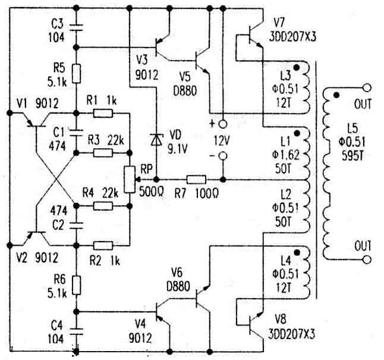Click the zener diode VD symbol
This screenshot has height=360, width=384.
coord(156,139)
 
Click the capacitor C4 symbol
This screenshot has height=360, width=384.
coord(76,327)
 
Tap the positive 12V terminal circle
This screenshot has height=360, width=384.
coord(223,125)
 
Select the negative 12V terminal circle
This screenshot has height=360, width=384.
coord(223,156)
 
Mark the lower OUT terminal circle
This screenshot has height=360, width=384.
coord(366,259)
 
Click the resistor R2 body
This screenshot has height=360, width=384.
coord(103,244)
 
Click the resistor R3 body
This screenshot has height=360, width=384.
coord(103,153)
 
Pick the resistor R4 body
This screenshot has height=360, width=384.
coord(103,206)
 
